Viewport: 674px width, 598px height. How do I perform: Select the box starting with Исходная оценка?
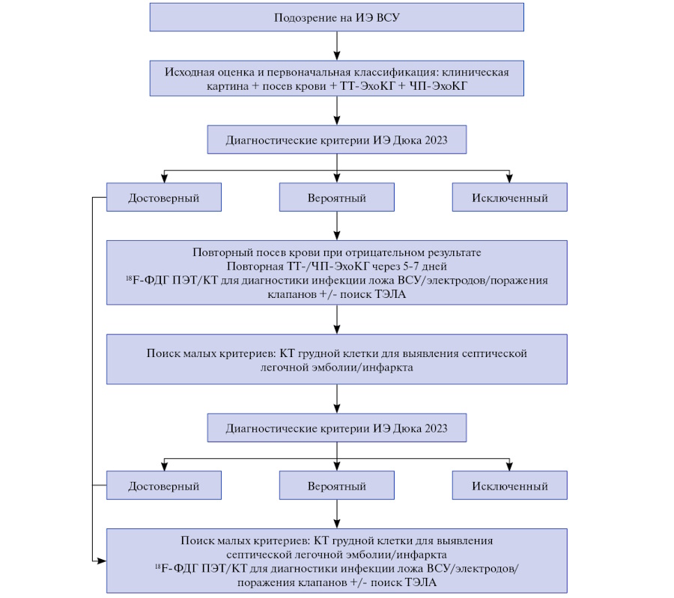[336, 78]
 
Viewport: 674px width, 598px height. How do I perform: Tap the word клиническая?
[476, 72]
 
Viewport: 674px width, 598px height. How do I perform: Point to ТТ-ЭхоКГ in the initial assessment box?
[367, 86]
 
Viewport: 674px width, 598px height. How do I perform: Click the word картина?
[228, 86]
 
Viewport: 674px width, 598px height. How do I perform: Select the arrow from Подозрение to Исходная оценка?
[336, 46]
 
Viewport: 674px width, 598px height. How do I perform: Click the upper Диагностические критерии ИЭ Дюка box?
[336, 140]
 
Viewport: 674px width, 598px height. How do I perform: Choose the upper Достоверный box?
[164, 197]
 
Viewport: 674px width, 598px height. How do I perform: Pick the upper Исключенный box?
[509, 197]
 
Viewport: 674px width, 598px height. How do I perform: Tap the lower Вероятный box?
[336, 485]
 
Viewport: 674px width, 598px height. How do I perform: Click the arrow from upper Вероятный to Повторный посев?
[336, 225]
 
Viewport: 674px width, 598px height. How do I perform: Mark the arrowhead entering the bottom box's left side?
[102, 561]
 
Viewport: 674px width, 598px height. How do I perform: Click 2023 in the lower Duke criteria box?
[436, 428]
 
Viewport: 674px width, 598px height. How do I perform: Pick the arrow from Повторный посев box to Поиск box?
[336, 319]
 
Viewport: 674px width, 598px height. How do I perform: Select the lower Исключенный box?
[509, 485]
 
